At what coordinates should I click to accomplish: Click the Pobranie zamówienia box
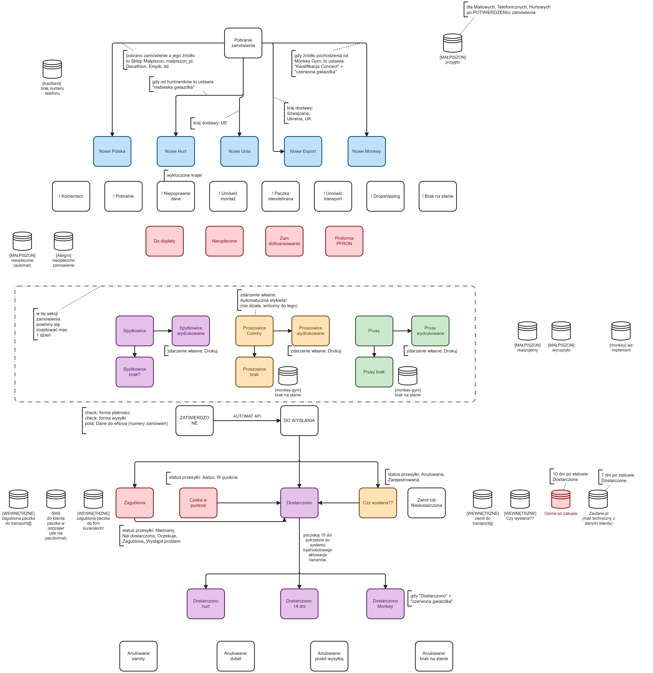(243, 43)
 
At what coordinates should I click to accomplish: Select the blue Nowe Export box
(303, 151)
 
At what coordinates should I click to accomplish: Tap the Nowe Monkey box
(366, 151)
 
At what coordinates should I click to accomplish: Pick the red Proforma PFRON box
(344, 241)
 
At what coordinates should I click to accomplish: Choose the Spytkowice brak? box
(134, 372)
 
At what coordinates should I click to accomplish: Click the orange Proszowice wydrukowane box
(310, 331)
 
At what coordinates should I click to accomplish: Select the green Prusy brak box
(374, 372)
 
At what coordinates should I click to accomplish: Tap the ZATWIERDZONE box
(194, 421)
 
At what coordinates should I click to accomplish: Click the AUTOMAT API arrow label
(247, 416)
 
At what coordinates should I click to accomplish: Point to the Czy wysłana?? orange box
(378, 503)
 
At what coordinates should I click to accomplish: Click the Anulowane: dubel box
(236, 656)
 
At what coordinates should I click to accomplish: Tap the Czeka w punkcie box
(198, 503)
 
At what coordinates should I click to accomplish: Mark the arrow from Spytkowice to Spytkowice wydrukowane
(163, 331)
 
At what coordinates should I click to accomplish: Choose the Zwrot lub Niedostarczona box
(426, 503)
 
